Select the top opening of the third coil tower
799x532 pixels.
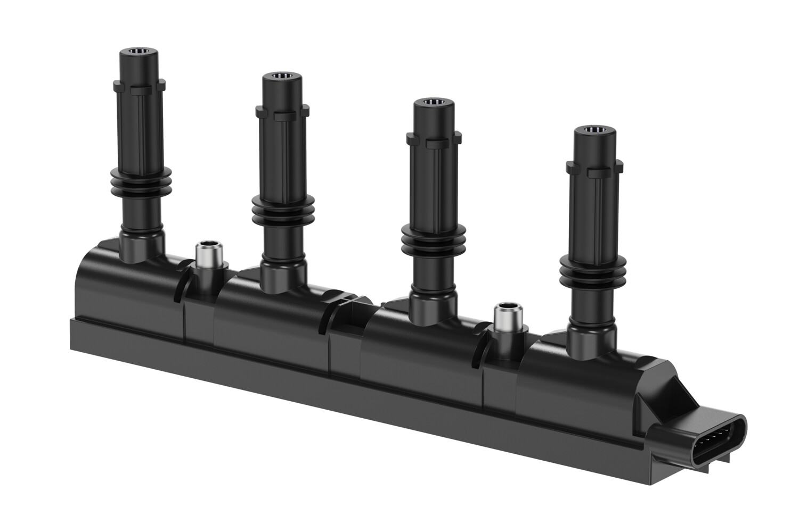[434, 102]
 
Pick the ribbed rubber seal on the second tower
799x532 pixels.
[282, 211]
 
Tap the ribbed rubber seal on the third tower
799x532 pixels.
[433, 239]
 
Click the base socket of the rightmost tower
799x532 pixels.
[591, 340]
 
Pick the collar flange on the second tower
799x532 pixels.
[282, 112]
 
